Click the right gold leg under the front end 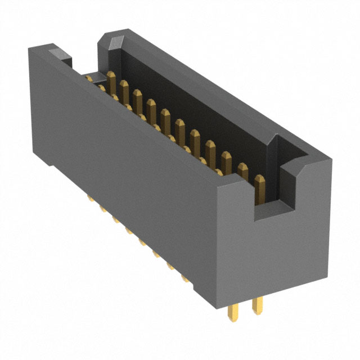[257, 307]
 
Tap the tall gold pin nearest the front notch [260, 188]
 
